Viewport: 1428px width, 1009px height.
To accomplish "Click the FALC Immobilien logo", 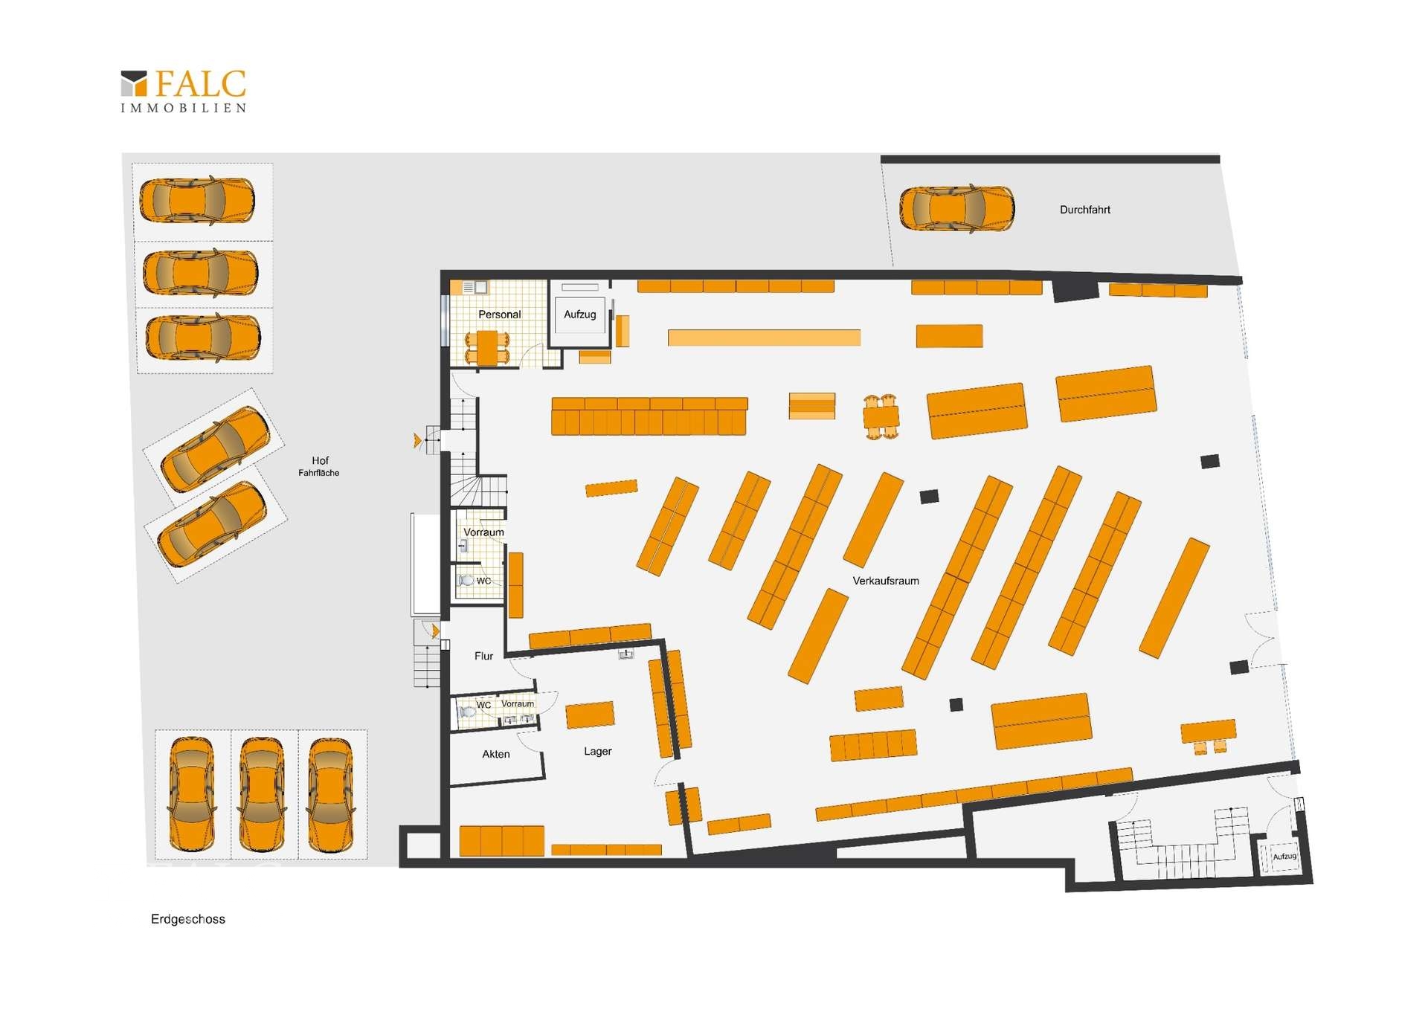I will coord(183,91).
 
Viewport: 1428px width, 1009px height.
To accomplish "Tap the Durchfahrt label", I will coord(1084,210).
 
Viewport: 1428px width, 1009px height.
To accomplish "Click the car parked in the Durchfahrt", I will coord(956,208).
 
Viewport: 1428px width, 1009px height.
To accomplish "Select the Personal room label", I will coord(499,315).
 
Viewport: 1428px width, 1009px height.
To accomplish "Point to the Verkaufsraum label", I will coord(885,581).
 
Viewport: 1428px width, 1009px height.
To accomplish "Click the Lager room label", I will coord(597,751).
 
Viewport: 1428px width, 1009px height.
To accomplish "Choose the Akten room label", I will coord(495,754).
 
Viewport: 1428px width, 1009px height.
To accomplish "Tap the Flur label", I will coord(483,656).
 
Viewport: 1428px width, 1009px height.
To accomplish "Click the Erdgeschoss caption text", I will coord(187,919).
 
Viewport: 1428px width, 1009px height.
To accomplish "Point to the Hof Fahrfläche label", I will coord(319,466).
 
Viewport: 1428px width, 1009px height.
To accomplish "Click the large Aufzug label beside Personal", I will coord(579,315).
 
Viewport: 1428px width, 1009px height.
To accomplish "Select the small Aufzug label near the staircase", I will coord(1284,857).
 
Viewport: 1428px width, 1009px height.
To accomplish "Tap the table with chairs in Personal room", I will coord(487,348).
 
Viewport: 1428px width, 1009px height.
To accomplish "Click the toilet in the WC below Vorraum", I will coord(466,580).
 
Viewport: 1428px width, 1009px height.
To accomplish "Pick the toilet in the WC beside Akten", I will coord(467,712).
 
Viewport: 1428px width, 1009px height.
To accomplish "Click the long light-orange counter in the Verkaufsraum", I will coord(764,338).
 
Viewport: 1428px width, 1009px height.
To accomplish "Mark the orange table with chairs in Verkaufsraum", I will coord(881,417).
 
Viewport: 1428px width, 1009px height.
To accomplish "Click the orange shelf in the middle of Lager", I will coord(590,715).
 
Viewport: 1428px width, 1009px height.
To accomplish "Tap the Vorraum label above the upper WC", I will coord(483,532).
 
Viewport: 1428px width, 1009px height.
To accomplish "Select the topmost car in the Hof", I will coord(197,200).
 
